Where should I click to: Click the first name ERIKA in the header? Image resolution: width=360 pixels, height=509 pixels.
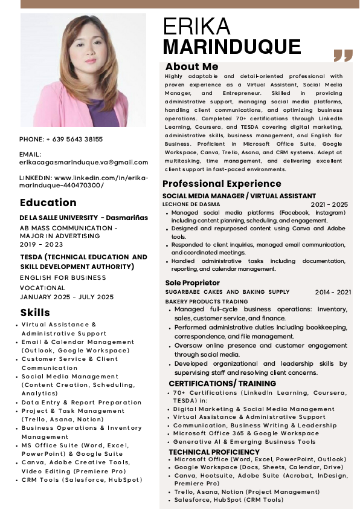[x=197, y=27]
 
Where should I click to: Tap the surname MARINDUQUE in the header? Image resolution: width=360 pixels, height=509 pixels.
[x=232, y=47]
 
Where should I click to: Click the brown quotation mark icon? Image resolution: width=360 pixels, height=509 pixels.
[x=342, y=56]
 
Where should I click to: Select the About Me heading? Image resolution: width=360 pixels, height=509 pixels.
[x=191, y=66]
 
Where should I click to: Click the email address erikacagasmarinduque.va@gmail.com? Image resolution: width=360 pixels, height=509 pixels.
[x=84, y=162]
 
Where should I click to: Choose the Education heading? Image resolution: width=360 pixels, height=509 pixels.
[x=48, y=203]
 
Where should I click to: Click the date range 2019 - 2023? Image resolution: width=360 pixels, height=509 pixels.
[x=42, y=245]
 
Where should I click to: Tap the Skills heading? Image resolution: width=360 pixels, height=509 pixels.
[x=35, y=313]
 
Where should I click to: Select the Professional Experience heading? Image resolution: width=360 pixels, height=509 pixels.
[x=222, y=184]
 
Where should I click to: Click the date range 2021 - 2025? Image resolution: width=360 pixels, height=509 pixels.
[x=329, y=205]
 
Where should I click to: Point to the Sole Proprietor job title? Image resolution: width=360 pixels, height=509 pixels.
[x=192, y=283]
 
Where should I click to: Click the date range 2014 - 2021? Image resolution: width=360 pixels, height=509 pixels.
[x=333, y=293]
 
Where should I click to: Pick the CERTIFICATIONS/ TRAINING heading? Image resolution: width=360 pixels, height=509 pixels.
[x=222, y=383]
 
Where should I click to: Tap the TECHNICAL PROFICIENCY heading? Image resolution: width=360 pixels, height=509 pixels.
[x=214, y=452]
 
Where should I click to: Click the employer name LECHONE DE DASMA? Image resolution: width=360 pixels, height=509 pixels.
[x=188, y=205]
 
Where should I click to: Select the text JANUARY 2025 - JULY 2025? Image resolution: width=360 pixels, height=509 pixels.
[x=66, y=297]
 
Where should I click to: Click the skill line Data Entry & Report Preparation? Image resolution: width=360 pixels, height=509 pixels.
[x=82, y=402]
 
